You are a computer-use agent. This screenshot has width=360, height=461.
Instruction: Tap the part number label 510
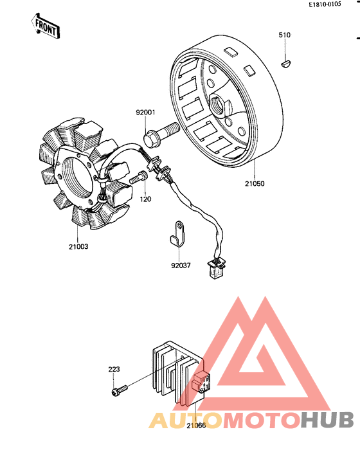285,35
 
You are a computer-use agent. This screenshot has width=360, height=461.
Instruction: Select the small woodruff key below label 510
287,63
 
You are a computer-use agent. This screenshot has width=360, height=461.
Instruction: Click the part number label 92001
145,113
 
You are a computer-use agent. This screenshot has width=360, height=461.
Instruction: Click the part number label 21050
254,183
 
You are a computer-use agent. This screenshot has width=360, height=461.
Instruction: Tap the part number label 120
145,200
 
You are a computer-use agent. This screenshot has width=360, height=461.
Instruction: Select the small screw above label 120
138,180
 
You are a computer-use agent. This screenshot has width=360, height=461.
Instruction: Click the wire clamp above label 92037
177,231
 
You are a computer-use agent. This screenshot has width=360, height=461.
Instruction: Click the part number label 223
114,370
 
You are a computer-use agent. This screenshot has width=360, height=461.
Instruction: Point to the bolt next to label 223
120,389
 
